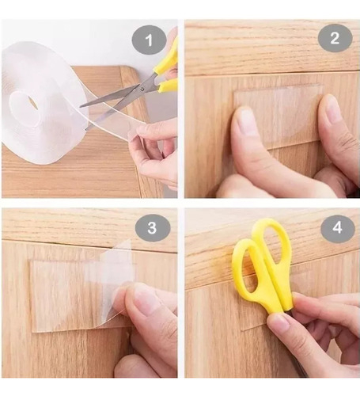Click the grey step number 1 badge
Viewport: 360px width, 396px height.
tap(150, 40)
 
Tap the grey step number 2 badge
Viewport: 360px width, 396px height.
tap(335, 38)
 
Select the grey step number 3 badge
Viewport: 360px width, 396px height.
tap(153, 227)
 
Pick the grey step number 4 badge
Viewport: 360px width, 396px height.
tap(338, 227)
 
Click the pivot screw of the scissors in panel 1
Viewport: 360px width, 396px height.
tap(142, 89)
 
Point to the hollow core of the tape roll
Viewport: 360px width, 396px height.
tap(25, 109)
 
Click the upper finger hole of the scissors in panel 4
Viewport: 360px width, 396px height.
tap(272, 245)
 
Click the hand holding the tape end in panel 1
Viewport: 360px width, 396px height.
tap(154, 154)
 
